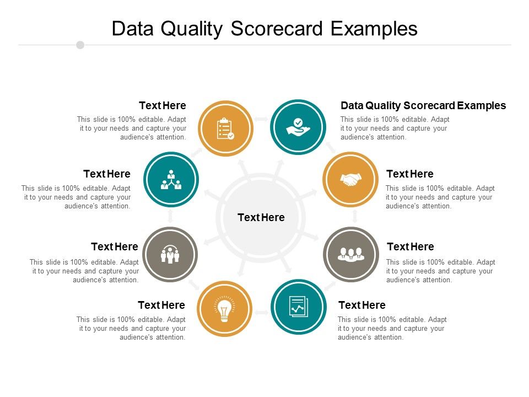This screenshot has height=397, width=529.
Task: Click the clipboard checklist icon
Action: click(225, 128)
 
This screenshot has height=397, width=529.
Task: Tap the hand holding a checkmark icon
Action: click(298, 127)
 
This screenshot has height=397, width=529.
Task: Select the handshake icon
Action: click(350, 179)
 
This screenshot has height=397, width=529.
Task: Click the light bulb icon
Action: click(224, 309)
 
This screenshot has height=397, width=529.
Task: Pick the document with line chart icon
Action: click(298, 307)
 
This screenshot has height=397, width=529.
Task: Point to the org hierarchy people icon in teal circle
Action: click(171, 179)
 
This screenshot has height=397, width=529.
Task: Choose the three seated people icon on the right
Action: click(351, 254)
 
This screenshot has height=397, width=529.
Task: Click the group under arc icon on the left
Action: click(170, 254)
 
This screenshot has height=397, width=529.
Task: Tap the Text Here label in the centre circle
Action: click(261, 217)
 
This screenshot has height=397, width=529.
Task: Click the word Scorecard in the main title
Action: click(278, 29)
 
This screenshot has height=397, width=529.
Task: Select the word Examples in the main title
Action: click(374, 29)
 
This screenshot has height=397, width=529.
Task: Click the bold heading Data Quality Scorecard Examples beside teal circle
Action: click(423, 105)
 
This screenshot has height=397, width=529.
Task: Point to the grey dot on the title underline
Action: click(80, 45)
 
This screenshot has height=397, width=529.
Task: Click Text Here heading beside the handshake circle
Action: click(410, 174)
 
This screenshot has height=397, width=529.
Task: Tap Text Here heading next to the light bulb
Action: click(161, 305)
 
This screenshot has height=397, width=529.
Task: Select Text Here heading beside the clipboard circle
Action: click(163, 105)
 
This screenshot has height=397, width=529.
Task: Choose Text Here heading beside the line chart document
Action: click(362, 305)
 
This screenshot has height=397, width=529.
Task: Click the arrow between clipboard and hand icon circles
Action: click(261, 119)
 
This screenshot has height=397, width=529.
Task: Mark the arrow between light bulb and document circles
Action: click(261, 313)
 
